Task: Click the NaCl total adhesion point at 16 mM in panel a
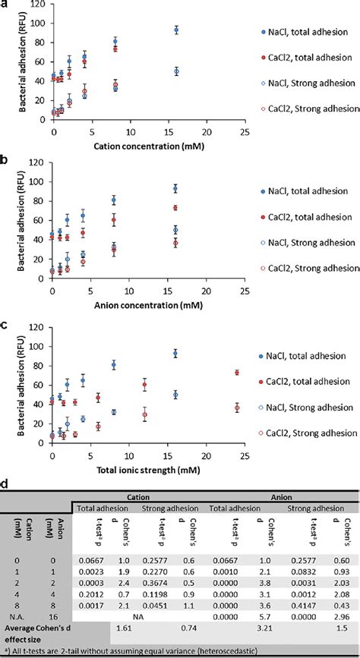(175, 30)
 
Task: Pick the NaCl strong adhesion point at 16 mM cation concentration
(175, 71)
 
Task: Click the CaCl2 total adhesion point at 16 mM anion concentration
(175, 208)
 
